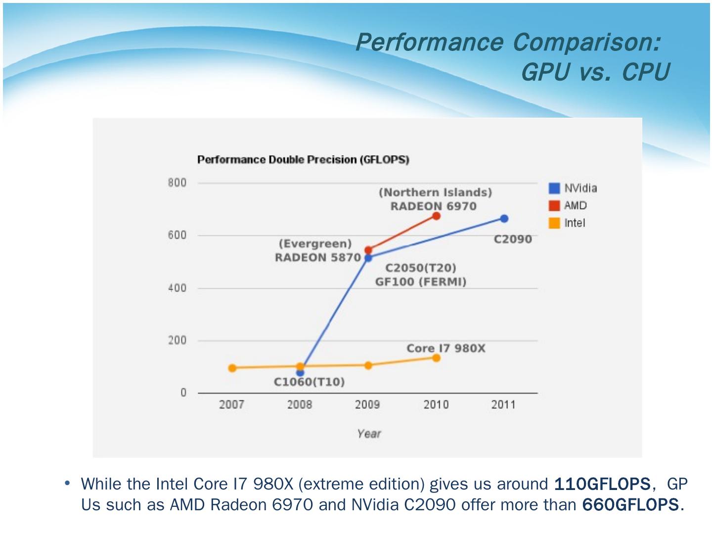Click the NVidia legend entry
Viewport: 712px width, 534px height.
tap(574, 188)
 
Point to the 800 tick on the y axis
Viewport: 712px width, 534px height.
tap(177, 183)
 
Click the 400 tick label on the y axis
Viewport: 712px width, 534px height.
tap(177, 288)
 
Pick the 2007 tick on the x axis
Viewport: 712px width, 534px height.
tap(231, 405)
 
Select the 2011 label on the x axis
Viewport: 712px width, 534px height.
tap(503, 405)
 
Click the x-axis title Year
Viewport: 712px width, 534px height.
tap(369, 434)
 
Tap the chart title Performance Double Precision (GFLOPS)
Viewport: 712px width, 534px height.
tap(303, 160)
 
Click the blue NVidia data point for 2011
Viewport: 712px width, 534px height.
tap(504, 219)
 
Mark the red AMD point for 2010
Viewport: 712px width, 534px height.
tap(436, 216)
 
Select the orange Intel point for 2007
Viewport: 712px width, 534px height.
tap(232, 368)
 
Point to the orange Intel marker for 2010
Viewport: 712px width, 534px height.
tap(436, 357)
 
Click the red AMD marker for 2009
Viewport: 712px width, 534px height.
tap(368, 250)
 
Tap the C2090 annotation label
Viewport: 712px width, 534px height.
tap(513, 239)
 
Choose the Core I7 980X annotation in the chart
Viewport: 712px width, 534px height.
tap(445, 349)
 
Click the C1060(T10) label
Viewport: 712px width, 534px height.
tap(309, 382)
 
